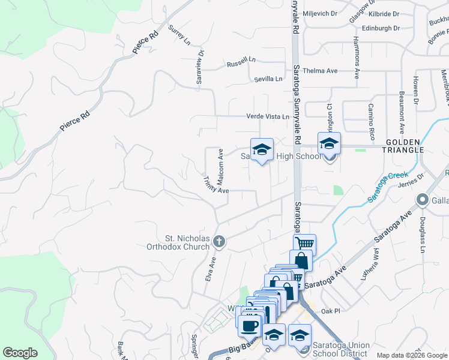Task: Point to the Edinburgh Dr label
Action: pos(381,28)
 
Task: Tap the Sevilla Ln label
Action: pos(268,79)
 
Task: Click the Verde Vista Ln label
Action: pos(268,116)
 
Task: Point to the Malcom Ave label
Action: pos(220,163)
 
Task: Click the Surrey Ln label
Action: pos(179,36)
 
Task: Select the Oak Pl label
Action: pos(330,311)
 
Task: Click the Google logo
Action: pos(20,352)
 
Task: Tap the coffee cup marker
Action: pos(250,326)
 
